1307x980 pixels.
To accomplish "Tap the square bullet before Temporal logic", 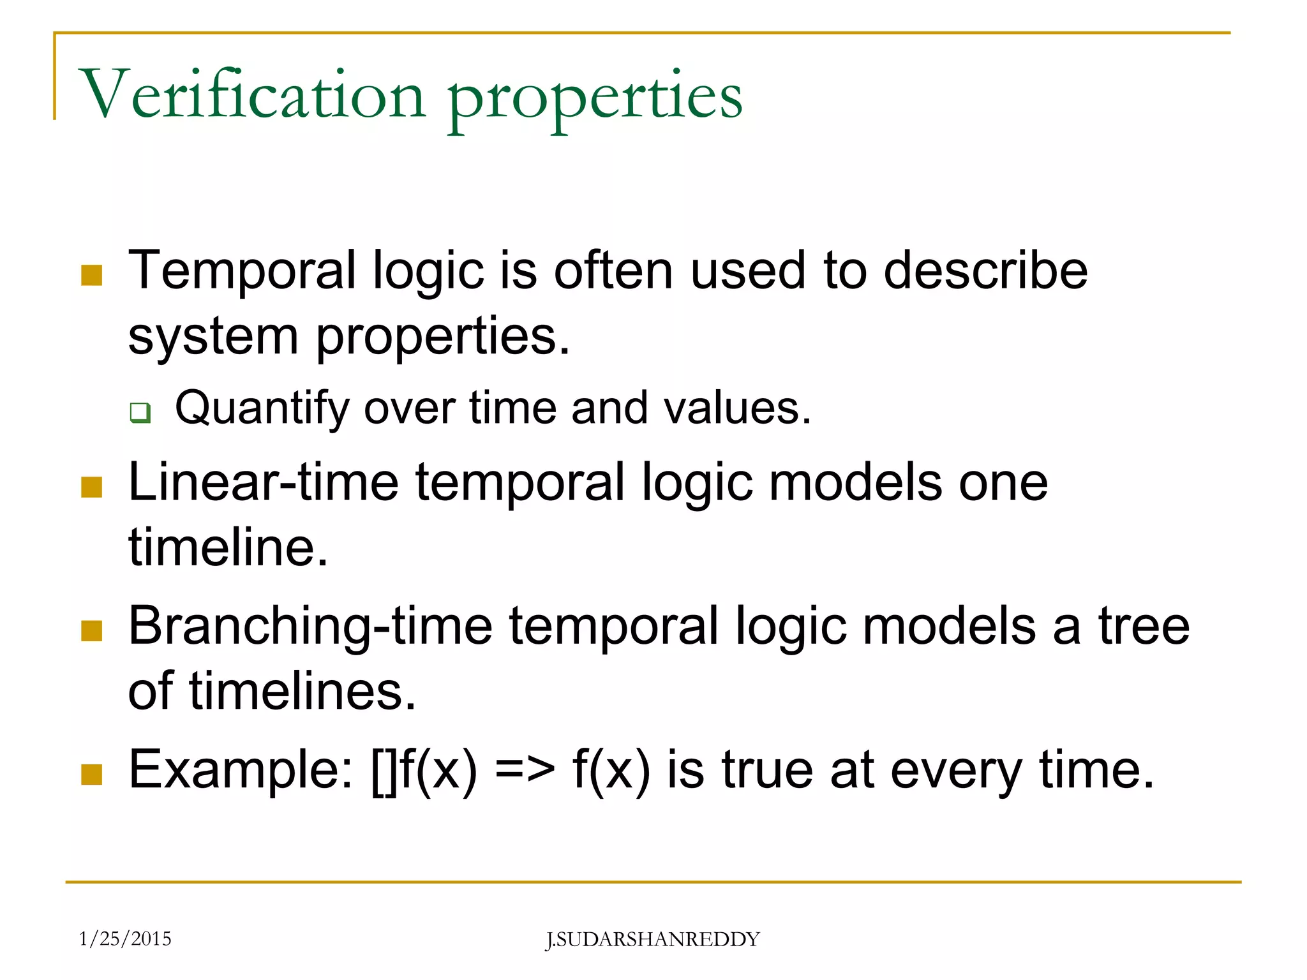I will [92, 276].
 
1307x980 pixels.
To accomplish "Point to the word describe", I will [985, 271].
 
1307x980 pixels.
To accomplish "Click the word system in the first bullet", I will [213, 337].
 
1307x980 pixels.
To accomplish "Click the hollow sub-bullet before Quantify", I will [140, 412].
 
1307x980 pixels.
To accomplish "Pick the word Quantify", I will [262, 409].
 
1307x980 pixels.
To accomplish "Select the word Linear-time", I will [263, 482].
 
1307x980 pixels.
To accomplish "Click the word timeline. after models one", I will [228, 547].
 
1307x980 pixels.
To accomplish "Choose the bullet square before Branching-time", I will [92, 630].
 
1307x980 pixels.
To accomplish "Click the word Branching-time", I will [310, 627].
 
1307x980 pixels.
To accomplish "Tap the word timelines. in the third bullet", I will [302, 692].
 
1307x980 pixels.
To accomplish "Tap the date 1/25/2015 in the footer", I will [125, 939].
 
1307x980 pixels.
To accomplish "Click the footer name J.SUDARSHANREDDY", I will [652, 940].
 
